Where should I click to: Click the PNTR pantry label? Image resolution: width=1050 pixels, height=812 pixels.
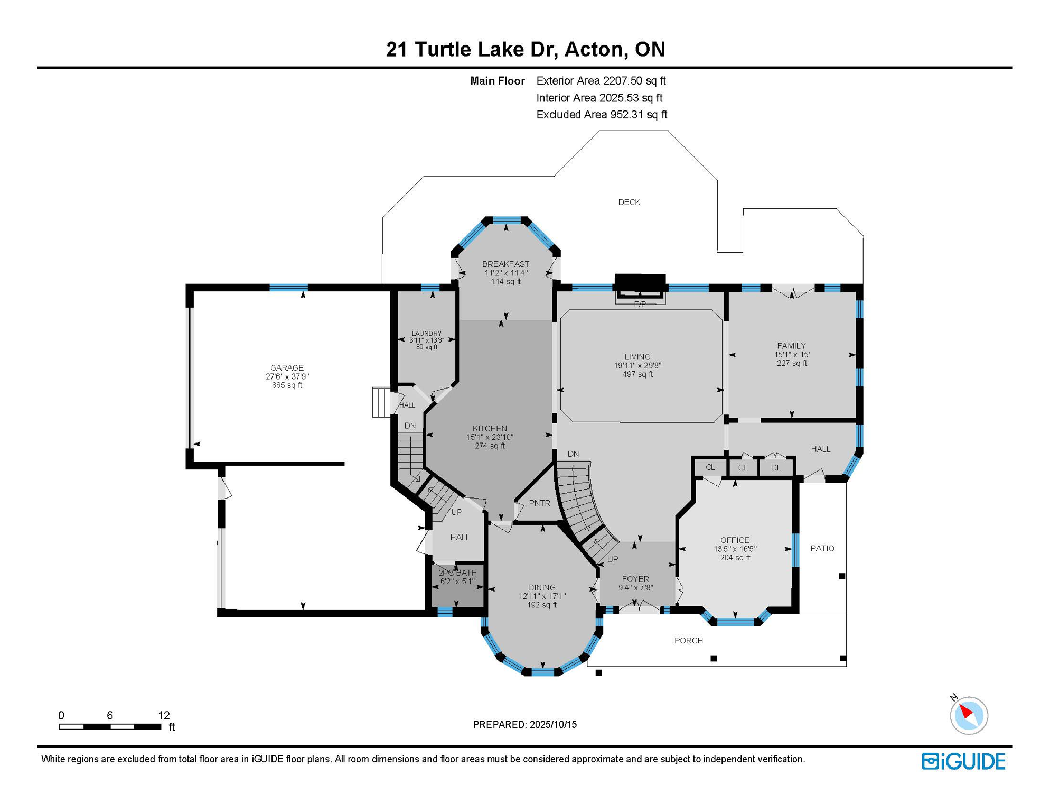(x=539, y=503)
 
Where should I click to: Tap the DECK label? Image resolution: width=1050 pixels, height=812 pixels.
(x=629, y=202)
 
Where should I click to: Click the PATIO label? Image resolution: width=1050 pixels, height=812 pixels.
(x=822, y=548)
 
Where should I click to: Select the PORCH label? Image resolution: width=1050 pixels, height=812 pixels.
(x=689, y=640)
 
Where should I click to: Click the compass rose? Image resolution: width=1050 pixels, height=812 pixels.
(x=968, y=715)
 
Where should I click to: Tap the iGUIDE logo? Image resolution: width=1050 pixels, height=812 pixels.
(x=963, y=761)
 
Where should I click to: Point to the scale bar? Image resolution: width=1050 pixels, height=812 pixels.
(x=110, y=727)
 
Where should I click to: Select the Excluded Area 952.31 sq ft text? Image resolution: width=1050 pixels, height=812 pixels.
(x=602, y=114)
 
